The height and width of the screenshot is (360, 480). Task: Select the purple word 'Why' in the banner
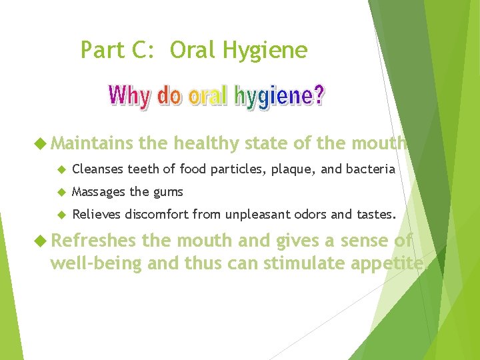coord(131,97)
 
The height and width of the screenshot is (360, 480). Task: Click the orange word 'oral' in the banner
coord(207,97)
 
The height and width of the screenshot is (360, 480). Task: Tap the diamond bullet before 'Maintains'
coord(43,143)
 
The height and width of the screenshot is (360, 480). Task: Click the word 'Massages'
coord(99,193)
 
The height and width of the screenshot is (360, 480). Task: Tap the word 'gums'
coord(169,193)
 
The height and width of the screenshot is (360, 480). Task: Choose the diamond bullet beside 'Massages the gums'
coord(61,192)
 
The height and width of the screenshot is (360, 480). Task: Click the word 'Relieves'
coord(97,215)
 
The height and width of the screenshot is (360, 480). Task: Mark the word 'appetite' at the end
coord(391,263)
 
